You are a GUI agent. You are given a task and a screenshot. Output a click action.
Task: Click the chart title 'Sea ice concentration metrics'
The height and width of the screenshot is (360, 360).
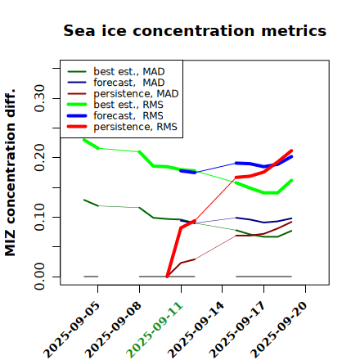coord(195,30)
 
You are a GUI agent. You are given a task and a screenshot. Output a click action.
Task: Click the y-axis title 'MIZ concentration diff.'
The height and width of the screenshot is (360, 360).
coord(10,173)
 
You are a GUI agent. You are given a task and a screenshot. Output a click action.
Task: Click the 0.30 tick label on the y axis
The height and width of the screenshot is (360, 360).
coord(39,98)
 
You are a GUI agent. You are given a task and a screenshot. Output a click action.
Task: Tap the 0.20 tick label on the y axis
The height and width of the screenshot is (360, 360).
coord(39,158)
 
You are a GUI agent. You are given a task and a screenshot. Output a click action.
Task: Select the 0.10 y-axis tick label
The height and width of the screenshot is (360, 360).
coord(39,217)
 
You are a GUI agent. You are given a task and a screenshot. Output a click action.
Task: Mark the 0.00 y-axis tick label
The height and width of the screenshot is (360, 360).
coord(39,277)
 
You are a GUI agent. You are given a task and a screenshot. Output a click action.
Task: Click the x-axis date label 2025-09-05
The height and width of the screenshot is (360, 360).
coord(72,330)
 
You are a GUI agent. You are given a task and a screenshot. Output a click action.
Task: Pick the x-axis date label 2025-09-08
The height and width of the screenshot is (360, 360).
coord(114,330)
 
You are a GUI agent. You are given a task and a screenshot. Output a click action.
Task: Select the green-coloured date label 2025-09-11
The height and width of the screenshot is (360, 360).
coord(155,330)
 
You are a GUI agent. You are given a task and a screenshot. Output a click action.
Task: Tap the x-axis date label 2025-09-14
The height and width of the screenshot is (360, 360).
coord(196,330)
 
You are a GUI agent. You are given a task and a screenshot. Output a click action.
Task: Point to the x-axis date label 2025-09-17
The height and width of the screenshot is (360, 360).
coord(238,330)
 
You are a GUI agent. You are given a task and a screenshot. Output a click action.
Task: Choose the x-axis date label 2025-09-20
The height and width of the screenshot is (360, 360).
coord(280,330)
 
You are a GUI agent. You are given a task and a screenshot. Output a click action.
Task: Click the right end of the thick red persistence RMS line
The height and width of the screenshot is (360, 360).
coord(291,151)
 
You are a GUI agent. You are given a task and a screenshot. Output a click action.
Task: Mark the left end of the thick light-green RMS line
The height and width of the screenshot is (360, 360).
coord(84,140)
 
